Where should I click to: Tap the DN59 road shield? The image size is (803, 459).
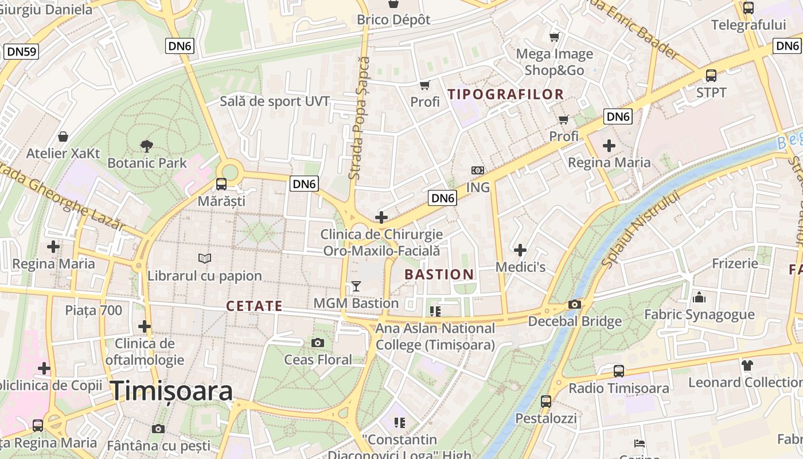(22, 52)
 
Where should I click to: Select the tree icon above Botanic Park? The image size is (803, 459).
(147, 146)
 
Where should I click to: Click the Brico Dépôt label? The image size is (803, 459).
(393, 20)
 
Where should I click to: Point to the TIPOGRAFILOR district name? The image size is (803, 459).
(506, 94)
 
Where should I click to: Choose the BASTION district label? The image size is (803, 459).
(439, 274)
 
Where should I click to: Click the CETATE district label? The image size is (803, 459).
(254, 306)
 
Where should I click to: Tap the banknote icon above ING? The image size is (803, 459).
(477, 170)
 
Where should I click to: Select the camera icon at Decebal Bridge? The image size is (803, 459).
(575, 305)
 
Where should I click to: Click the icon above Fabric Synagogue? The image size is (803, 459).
(699, 297)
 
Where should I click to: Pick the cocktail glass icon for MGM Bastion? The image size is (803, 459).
(356, 286)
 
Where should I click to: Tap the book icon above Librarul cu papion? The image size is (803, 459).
(205, 259)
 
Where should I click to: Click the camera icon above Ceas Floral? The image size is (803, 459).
(318, 343)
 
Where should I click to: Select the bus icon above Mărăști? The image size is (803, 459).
(221, 184)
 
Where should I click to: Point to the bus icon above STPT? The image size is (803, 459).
(711, 75)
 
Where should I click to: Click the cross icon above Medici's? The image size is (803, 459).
(520, 250)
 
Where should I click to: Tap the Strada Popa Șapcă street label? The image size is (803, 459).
(360, 118)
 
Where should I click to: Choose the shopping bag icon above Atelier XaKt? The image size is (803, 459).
(63, 137)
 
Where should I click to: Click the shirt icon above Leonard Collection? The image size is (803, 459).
(747, 365)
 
